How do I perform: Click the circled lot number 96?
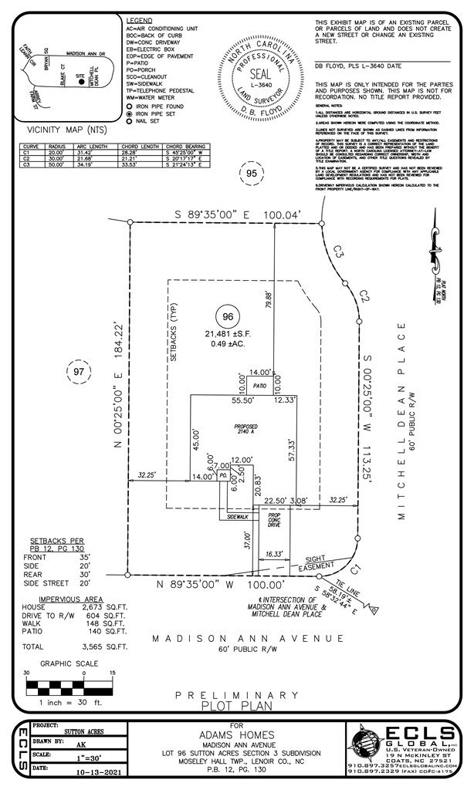226,316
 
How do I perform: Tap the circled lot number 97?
78,372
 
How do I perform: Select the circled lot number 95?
251,174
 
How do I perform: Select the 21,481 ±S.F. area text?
226,333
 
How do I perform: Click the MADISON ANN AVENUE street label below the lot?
247,638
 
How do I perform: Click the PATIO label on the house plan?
258,383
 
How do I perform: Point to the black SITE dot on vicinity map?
81,79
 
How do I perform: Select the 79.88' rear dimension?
269,295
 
